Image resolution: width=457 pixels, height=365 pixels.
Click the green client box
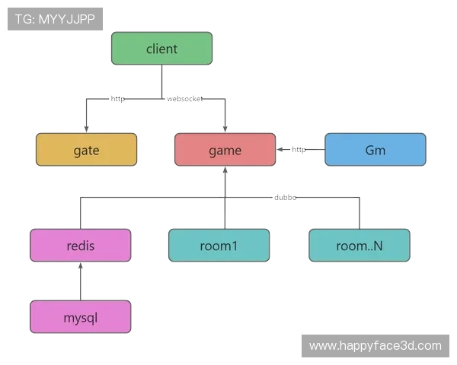point(161,49)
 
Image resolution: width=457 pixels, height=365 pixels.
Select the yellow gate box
point(87,150)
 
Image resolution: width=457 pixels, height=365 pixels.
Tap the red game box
point(225,150)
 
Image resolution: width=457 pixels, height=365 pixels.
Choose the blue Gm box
point(375,150)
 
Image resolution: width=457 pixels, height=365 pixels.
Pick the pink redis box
point(81,245)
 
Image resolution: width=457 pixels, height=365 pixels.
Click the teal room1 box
point(219,245)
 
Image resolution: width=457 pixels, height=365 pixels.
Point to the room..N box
point(360,245)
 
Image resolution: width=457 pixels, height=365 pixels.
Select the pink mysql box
point(81,316)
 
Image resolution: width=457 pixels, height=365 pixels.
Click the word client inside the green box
point(161,49)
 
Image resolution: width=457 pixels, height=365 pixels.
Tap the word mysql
point(81,316)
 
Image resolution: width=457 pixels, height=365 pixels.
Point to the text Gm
point(375,150)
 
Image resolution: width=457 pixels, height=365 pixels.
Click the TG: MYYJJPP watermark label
point(55,19)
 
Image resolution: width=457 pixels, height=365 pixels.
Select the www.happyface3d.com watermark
point(375,346)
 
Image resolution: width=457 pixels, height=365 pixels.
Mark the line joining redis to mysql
point(81,281)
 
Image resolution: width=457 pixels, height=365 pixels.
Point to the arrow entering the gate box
point(88,122)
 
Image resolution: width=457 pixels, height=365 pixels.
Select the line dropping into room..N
point(359,213)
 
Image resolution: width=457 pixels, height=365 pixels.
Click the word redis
point(81,245)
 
